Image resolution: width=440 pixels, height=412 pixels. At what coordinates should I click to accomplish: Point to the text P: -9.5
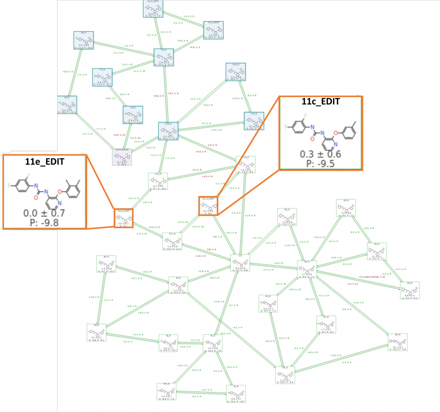pos(321,163)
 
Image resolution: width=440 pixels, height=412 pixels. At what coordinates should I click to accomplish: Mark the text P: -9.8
pos(44,222)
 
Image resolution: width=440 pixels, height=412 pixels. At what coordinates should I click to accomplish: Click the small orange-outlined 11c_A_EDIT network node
pos(208,206)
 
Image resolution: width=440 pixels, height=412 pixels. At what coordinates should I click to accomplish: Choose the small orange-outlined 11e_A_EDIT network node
pos(123,218)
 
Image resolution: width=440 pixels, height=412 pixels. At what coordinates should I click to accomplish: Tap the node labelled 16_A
pos(83,41)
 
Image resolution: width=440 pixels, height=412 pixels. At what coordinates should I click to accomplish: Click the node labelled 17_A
pos(102,77)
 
